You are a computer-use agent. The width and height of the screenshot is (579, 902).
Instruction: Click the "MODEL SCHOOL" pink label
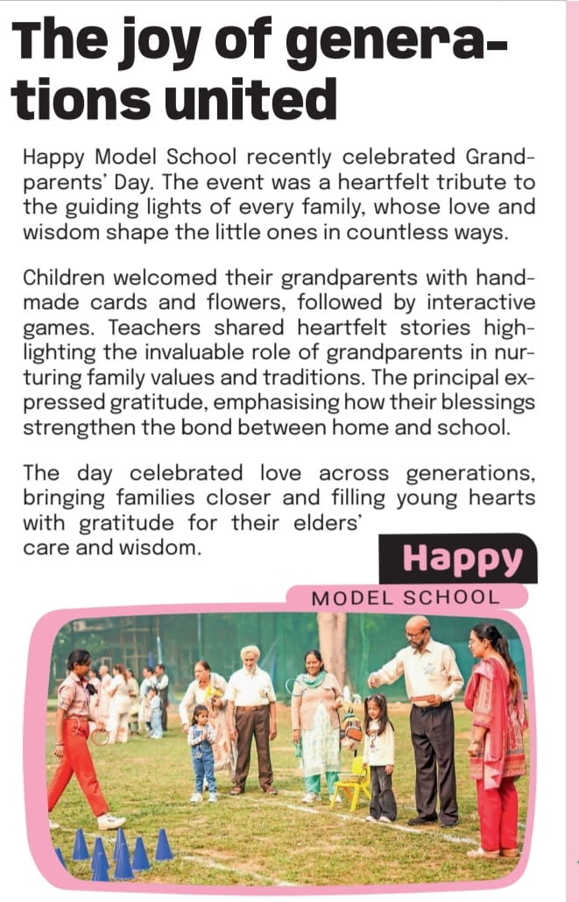(406, 598)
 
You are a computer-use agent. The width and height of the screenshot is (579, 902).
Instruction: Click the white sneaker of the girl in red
(111, 822)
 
